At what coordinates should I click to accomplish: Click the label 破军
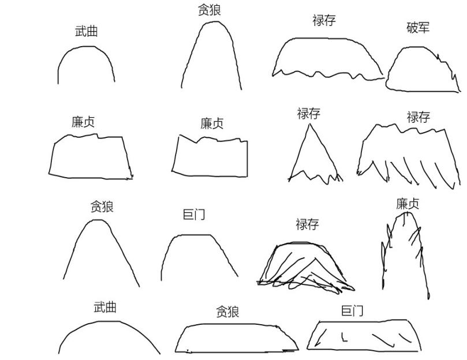tap(418, 28)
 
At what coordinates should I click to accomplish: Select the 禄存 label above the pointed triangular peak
tap(308, 114)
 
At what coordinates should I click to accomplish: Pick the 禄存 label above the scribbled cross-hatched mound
tap(307, 224)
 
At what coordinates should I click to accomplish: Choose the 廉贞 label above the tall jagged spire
tap(408, 204)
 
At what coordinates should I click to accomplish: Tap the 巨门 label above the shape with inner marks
tap(352, 312)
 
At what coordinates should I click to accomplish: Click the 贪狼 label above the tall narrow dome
tap(209, 10)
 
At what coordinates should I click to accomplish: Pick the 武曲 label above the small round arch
tap(86, 32)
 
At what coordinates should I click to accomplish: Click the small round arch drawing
tap(86, 66)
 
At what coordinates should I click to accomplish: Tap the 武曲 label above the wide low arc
tap(105, 307)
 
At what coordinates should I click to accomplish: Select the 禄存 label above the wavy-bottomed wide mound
tap(324, 21)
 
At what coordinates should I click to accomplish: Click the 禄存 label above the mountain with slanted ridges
tap(418, 117)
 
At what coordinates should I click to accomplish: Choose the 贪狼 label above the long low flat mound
tap(227, 312)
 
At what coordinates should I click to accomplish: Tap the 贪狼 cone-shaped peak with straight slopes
tap(102, 251)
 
